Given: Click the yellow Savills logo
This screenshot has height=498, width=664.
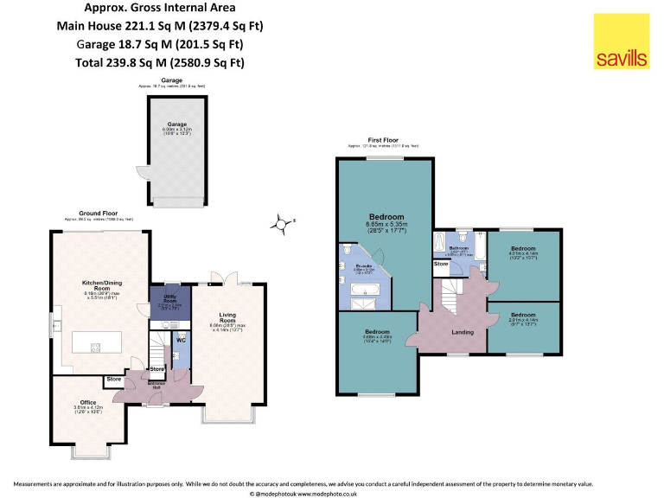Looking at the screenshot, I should pyautogui.click(x=621, y=41).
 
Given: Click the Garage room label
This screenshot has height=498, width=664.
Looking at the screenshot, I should pyautogui.click(x=176, y=124).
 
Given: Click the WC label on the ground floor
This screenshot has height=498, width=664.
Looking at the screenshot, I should pyautogui.click(x=181, y=340).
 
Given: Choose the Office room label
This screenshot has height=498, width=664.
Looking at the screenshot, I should pyautogui.click(x=87, y=401).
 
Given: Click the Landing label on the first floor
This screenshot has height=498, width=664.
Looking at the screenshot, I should pyautogui.click(x=463, y=330).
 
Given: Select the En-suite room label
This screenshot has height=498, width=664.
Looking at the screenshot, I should pyautogui.click(x=363, y=266).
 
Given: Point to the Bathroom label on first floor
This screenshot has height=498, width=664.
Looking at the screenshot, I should pyautogui.click(x=458, y=248).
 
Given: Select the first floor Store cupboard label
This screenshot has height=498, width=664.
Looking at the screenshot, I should pyautogui.click(x=441, y=264).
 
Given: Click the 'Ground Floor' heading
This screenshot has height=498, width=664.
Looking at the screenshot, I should pyautogui.click(x=98, y=214).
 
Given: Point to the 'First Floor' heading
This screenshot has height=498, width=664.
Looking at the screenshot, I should pyautogui.click(x=384, y=139).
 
